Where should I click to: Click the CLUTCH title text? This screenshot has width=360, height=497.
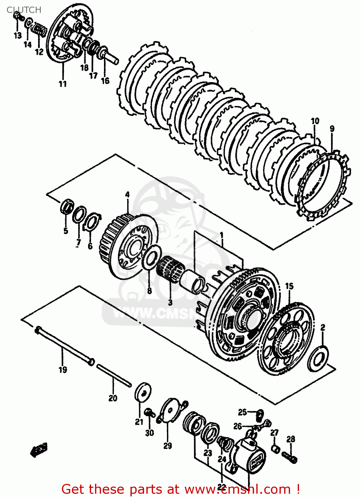[24, 10]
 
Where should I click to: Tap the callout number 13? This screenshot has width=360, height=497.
[18, 35]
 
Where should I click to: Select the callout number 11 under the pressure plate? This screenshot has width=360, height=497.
[63, 84]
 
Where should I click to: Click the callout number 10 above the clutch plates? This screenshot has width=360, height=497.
[315, 121]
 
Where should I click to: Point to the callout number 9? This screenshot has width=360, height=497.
[332, 129]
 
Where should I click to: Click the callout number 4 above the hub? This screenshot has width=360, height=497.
[127, 194]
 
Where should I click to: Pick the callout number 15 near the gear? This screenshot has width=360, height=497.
[289, 286]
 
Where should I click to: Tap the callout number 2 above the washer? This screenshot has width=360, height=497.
[323, 327]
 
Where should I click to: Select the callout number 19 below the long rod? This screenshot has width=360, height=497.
[63, 369]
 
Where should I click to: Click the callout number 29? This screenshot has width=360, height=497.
[168, 446]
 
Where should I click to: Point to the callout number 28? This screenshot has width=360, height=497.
[290, 439]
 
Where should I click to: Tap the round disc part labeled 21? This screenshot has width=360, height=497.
[143, 392]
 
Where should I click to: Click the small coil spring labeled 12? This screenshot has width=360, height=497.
[39, 30]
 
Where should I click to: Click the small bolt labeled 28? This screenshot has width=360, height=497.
[290, 457]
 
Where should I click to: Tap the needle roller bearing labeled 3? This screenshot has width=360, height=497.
[170, 270]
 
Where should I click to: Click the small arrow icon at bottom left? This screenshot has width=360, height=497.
[39, 450]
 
